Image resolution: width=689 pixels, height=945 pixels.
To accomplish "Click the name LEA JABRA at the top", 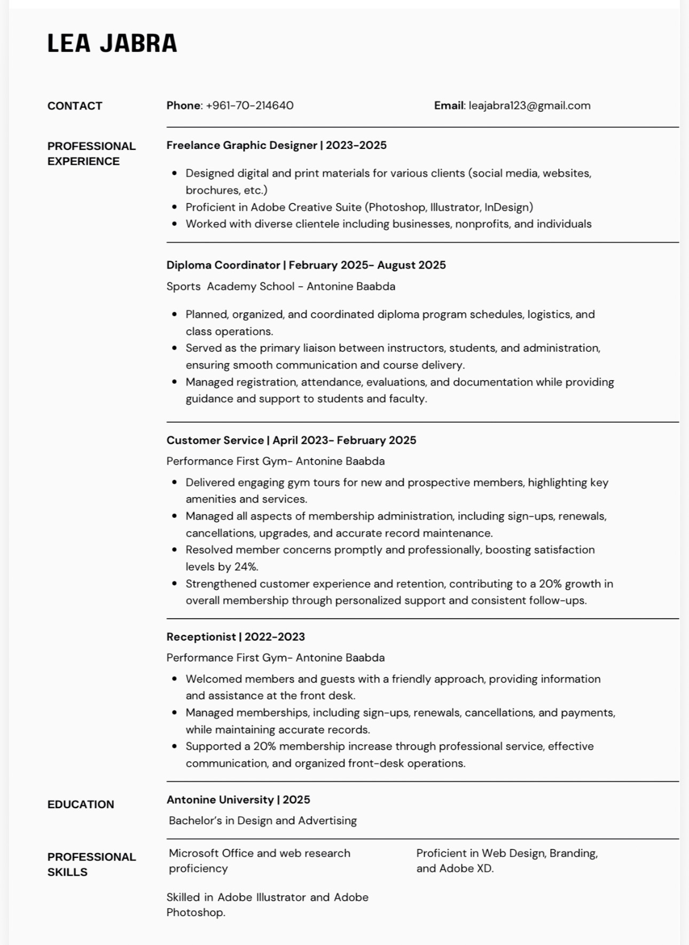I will [x=112, y=43].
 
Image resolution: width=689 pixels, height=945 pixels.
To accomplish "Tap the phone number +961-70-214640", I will [x=249, y=106].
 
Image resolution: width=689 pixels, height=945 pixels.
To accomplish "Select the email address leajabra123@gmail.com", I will [x=529, y=106].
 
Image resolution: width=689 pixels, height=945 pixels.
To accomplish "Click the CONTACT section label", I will [x=75, y=106].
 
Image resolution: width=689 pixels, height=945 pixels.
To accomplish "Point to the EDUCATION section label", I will [x=81, y=805].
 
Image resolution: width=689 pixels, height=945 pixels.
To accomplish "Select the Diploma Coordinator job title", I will [x=223, y=265].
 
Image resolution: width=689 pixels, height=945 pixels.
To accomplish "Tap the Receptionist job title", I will [x=201, y=637].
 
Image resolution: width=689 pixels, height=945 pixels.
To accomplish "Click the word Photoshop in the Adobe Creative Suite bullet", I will [x=397, y=207].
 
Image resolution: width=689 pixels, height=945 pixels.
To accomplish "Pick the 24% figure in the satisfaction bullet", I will [x=246, y=567].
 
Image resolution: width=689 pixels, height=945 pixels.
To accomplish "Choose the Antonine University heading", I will [x=220, y=800].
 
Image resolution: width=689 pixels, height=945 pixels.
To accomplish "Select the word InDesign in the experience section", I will [x=508, y=207].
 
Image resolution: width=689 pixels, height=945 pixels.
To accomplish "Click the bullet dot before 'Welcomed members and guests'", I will [x=175, y=679].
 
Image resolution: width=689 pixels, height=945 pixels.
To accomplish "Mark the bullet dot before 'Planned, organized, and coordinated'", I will [x=175, y=314].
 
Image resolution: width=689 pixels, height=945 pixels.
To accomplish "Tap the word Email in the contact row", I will [x=449, y=106].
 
